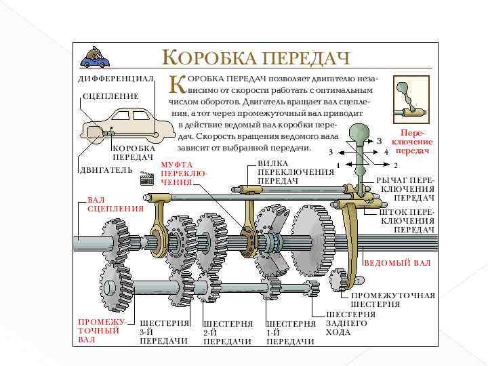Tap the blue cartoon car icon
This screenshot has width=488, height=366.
coord(94,57)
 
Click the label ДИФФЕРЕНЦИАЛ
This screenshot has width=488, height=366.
coord(117,79)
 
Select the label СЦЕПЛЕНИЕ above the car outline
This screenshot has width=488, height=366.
coord(110,96)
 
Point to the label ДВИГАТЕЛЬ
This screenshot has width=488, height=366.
coord(104,169)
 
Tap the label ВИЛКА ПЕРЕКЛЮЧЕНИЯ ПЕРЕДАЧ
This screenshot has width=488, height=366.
coord(296,172)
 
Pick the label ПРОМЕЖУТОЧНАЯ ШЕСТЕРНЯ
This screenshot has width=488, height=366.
coord(392,300)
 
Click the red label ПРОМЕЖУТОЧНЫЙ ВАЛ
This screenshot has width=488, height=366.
coord(102,330)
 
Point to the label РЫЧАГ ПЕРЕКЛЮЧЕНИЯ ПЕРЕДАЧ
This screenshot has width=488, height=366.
coord(405,189)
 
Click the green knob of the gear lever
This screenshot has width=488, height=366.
coord(358,133)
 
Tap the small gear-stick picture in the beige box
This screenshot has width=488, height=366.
coord(413,102)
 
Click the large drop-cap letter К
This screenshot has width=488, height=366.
coord(177,84)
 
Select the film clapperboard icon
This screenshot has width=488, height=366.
coord(146,178)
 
